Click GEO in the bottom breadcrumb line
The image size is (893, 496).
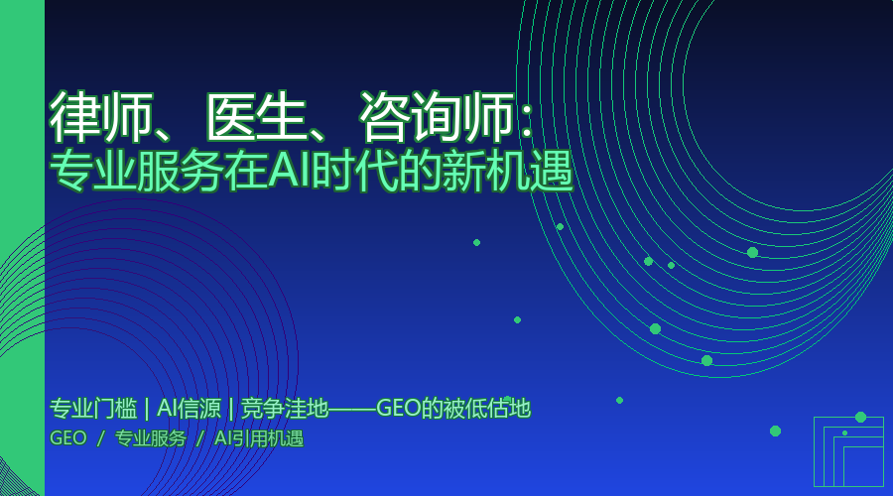(67, 438)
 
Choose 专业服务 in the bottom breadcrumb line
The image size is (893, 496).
(151, 438)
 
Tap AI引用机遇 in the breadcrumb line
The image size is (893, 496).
(259, 438)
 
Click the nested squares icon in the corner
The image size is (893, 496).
(848, 451)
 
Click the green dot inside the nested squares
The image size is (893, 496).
(844, 433)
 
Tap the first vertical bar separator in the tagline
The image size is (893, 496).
(147, 408)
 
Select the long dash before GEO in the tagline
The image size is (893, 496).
(351, 409)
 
